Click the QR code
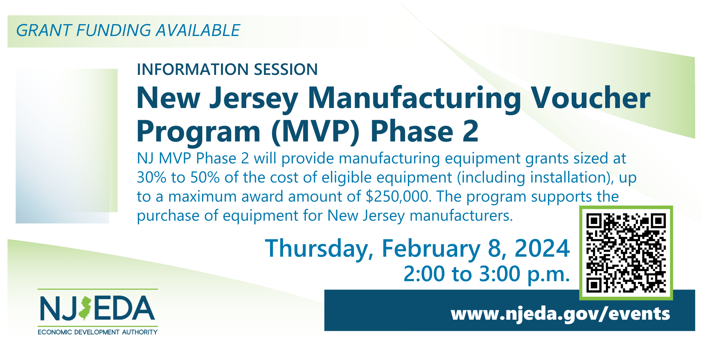click(x=626, y=253)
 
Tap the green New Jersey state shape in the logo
click(x=85, y=309)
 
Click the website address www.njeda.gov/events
click(x=560, y=314)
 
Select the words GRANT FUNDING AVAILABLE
click(x=128, y=30)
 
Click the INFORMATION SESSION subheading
click(x=227, y=69)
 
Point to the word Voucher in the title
click(x=591, y=98)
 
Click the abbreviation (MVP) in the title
click(x=315, y=131)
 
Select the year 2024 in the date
click(x=542, y=248)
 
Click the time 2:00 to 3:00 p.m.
click(x=487, y=274)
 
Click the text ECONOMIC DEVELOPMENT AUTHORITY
click(x=98, y=332)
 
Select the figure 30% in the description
click(x=152, y=177)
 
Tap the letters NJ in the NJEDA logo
click(x=58, y=309)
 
